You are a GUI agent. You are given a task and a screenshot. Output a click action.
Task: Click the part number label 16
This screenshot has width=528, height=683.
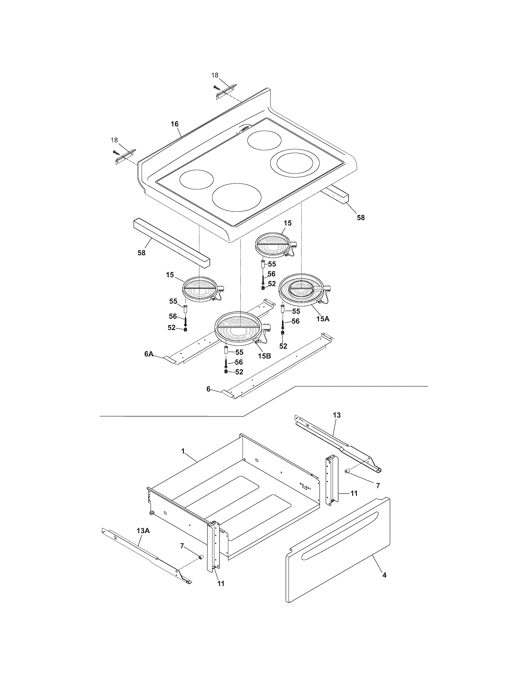point(175,124)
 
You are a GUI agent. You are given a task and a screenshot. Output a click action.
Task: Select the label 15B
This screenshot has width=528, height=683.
point(264,356)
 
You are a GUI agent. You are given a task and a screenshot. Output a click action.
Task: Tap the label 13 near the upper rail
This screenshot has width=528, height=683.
point(337,415)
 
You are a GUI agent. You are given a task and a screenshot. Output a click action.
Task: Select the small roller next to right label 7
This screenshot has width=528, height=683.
point(347,480)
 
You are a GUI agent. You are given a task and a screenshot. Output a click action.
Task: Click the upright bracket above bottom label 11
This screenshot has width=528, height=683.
point(213,550)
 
